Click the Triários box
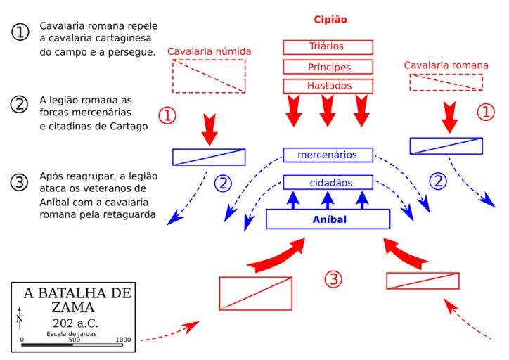pos(328,47)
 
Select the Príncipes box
pos(328,67)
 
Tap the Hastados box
pos(328,86)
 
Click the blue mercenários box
pos(328,155)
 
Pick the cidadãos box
pos(328,183)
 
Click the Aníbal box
pos(328,219)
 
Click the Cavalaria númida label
pos(209,51)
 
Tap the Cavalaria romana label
pos(445,65)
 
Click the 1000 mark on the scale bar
pos(123,340)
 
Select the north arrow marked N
pos(20,319)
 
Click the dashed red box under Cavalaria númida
pos(209,76)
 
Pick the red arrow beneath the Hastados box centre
pos(328,108)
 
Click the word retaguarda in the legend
pos(127,214)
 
